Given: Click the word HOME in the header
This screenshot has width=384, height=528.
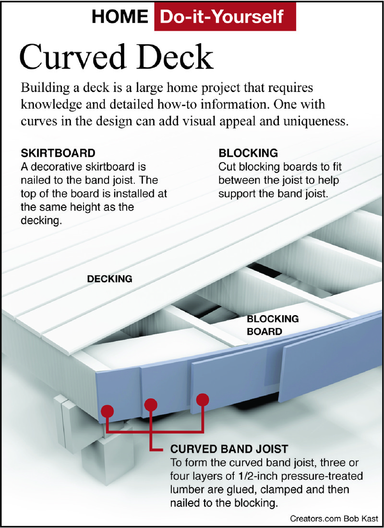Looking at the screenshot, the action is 120,16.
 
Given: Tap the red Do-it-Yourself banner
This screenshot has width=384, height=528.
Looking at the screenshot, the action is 225,16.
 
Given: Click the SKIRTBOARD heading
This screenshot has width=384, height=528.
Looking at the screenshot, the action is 58,153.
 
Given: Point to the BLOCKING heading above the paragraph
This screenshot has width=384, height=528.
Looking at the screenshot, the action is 248,153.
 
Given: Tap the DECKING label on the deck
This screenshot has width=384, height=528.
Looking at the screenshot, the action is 109,279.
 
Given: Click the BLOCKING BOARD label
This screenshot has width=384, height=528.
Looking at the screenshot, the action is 273,325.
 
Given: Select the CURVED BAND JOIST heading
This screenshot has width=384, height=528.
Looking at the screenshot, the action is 229,449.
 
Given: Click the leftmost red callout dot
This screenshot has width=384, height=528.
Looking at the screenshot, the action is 108,411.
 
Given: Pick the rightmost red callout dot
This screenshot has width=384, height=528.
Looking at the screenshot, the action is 202,399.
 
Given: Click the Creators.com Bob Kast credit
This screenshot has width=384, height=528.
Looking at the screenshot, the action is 334,518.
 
